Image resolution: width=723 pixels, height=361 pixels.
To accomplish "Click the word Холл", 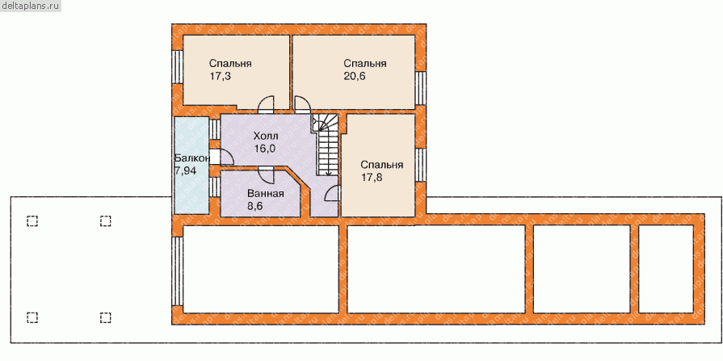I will coord(266,135).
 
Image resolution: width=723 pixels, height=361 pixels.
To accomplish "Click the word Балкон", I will coord(192,157).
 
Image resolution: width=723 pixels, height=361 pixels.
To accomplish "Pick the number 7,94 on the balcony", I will coord(187,171).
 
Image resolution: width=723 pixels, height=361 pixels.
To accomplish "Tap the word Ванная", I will coord(265,194).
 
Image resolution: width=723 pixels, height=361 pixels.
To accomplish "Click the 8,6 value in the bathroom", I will coord(256,207).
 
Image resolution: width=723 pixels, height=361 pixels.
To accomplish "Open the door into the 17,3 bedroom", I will coord(266,105).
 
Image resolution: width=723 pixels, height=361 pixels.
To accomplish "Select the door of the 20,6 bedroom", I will coord(302,105).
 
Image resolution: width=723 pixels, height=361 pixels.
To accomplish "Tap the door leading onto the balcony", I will coord(215,157).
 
